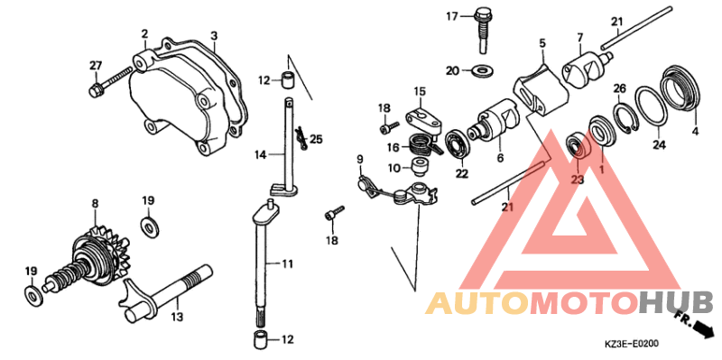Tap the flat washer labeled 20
pyautogui.click(x=482, y=71)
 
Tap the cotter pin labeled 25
pyautogui.click(x=301, y=138)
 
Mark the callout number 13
pyautogui.click(x=177, y=318)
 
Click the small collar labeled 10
pyautogui.click(x=419, y=167)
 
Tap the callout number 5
pyautogui.click(x=542, y=43)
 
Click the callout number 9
pyautogui.click(x=359, y=160)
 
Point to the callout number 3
pyautogui.click(x=214, y=36)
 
